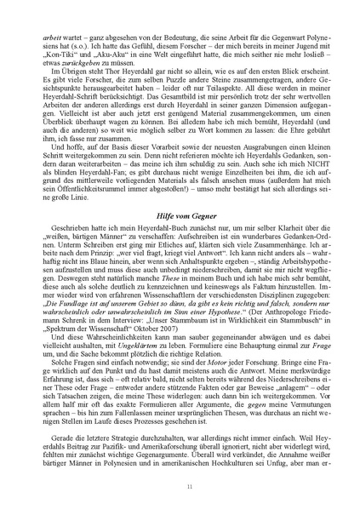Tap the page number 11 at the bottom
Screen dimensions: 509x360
click(180, 487)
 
